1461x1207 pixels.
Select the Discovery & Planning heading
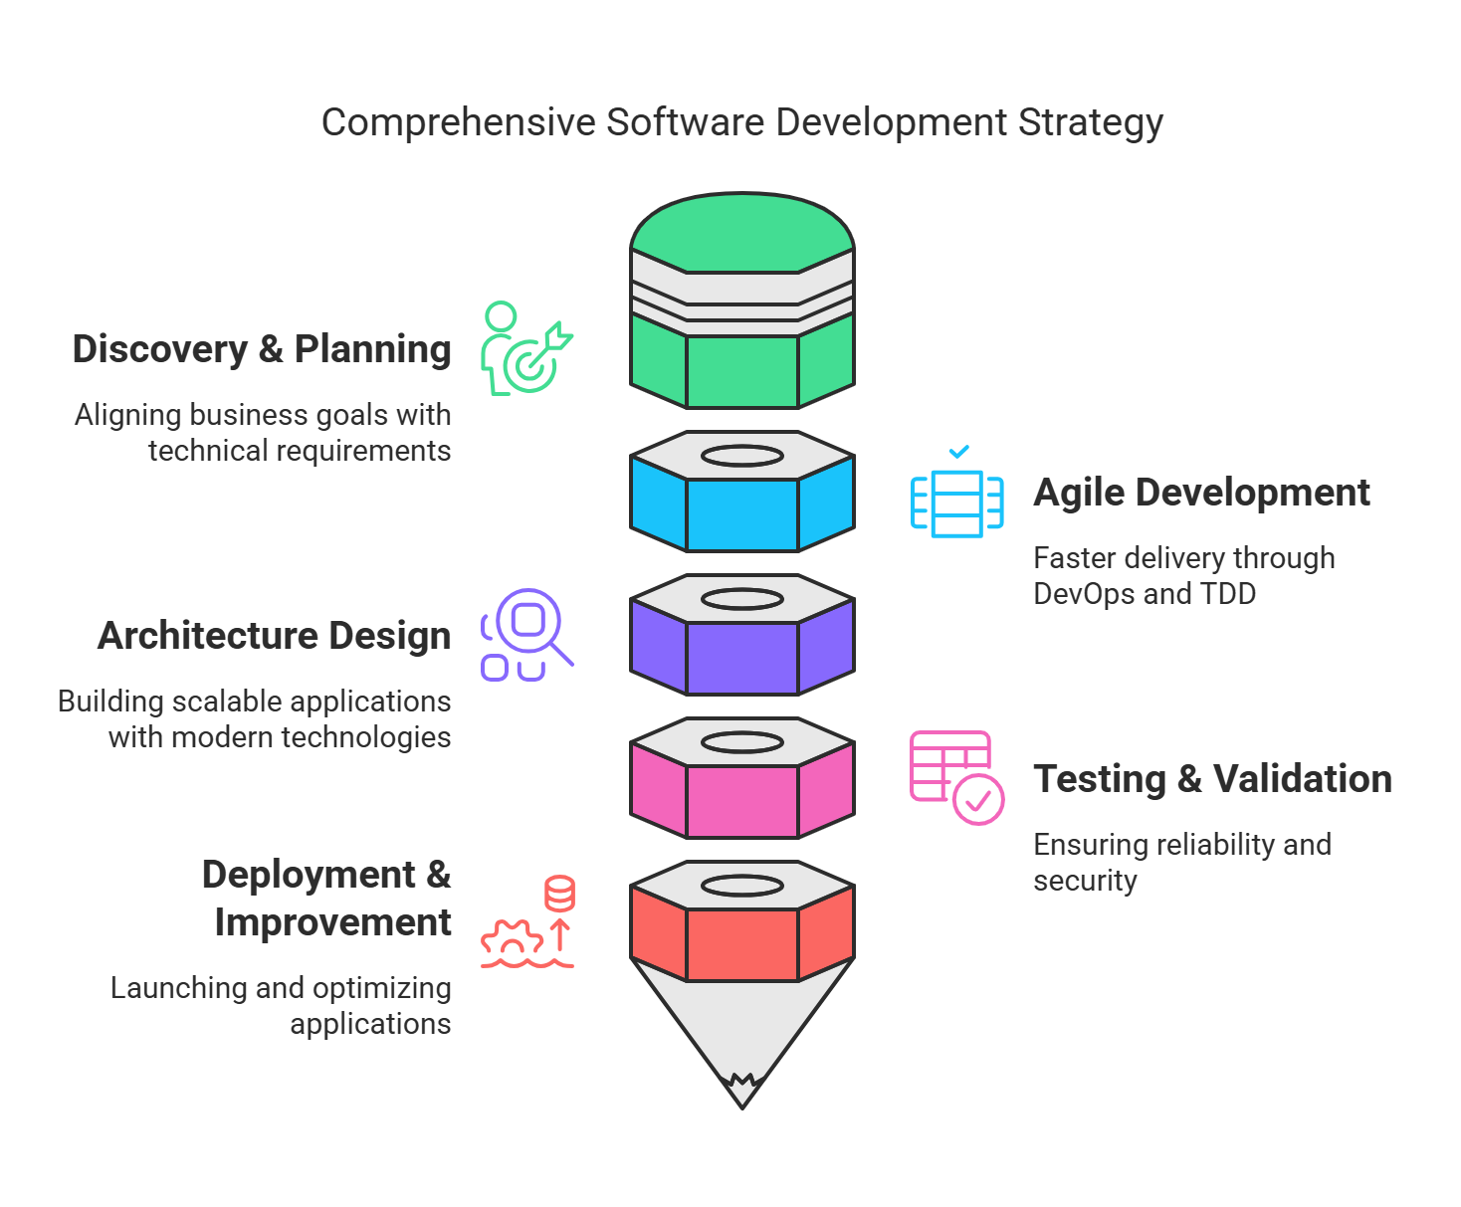262,348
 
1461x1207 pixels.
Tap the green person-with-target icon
526,347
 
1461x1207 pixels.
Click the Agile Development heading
1200,493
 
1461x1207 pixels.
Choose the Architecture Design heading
275,635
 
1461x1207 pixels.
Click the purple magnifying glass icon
526,635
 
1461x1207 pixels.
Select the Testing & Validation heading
1212,779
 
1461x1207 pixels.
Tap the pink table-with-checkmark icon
956,777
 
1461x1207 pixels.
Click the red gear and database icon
527,921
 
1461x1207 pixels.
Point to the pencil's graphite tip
742,1093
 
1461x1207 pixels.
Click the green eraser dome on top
742,232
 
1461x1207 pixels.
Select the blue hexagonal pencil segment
742,514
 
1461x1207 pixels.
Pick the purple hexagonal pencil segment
742,658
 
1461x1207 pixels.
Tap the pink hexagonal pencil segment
742,801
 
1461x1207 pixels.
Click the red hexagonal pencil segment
742,944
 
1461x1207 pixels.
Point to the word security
1085,882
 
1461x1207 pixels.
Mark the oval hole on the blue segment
742,456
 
